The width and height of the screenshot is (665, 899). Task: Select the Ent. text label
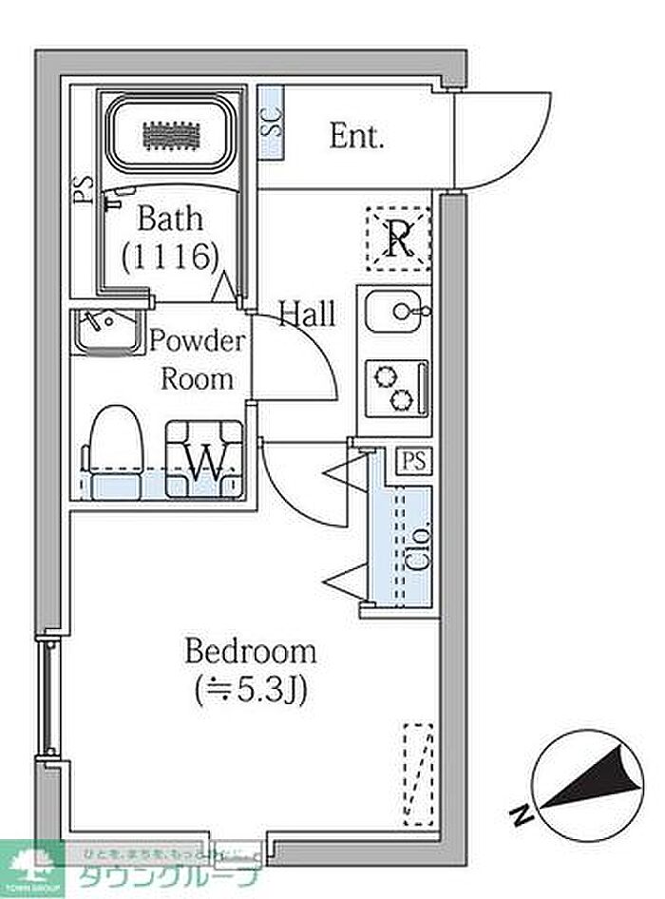pyautogui.click(x=356, y=137)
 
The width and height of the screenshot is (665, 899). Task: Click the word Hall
pyautogui.click(x=306, y=314)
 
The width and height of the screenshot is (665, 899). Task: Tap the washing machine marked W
pyautogui.click(x=204, y=459)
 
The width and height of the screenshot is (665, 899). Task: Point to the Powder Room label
pyautogui.click(x=198, y=359)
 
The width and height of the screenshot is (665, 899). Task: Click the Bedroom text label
pyautogui.click(x=250, y=652)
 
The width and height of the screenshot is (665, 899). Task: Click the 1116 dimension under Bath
pyautogui.click(x=171, y=255)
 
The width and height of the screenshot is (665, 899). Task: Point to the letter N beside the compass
pyautogui.click(x=522, y=813)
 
